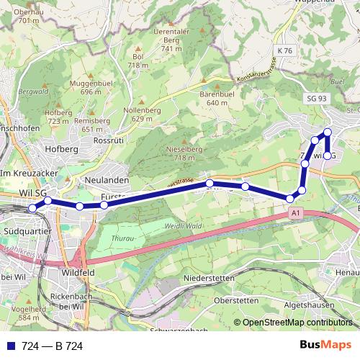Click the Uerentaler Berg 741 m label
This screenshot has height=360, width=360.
click(x=171, y=40)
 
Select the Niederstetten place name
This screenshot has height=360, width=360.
click(x=210, y=277)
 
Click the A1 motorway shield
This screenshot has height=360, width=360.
click(x=295, y=214)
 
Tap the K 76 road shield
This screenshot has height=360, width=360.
click(x=286, y=52)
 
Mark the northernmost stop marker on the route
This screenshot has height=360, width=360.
click(x=328, y=132)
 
